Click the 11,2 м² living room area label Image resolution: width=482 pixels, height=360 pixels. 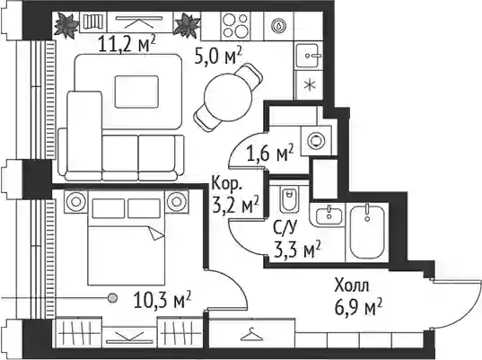pyautogui.click(x=127, y=44)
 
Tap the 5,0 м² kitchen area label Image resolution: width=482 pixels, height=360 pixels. pyautogui.click(x=218, y=56)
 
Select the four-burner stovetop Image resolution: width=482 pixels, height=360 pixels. pyautogui.click(x=235, y=25)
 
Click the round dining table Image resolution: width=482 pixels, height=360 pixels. pyautogui.click(x=228, y=97)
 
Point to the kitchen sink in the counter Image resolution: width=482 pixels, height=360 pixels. pyautogui.click(x=310, y=56)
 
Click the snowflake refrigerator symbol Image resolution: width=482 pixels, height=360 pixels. pyautogui.click(x=310, y=85)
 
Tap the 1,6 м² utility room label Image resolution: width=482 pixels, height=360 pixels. pyautogui.click(x=270, y=153)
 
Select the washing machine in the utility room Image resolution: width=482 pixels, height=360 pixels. pyautogui.click(x=316, y=141)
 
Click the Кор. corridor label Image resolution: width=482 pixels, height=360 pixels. pyautogui.click(x=227, y=184)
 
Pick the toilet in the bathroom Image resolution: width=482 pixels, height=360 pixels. pyautogui.click(x=289, y=200)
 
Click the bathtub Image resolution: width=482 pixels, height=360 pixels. pyautogui.click(x=368, y=232)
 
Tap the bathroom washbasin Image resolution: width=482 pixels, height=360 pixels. pyautogui.click(x=329, y=215)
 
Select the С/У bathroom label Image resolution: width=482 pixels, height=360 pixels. pyautogui.click(x=285, y=228)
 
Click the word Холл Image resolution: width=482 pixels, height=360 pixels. pyautogui.click(x=352, y=285)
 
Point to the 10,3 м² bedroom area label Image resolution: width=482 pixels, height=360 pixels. pyautogui.click(x=162, y=300)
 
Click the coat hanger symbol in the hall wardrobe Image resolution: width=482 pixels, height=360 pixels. pyautogui.click(x=251, y=334)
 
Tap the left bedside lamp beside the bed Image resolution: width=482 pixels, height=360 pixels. pyautogui.click(x=75, y=202)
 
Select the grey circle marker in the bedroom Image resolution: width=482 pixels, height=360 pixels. pyautogui.click(x=113, y=297)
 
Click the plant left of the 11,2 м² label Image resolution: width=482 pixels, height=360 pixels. pyautogui.click(x=66, y=25)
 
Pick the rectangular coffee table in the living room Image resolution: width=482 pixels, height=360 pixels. pyautogui.click(x=136, y=92)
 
